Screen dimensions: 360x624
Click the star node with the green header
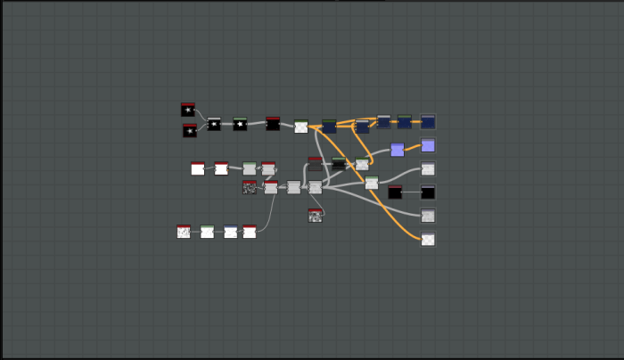coord(240,124)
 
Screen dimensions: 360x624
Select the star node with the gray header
coord(214,124)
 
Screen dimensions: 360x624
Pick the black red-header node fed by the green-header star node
coord(273,124)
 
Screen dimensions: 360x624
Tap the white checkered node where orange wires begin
coord(301,127)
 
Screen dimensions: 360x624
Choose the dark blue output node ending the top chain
coord(428,121)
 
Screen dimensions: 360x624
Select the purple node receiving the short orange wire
coord(428,145)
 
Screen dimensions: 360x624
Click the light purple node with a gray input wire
coord(397,150)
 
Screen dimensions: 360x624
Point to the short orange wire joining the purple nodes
coord(413,147)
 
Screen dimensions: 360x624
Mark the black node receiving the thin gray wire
coord(428,192)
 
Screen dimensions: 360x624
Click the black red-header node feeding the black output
coord(395,192)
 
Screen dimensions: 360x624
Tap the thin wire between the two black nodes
coord(412,192)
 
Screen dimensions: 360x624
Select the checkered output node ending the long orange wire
coord(428,239)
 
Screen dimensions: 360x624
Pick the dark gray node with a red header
coord(315,164)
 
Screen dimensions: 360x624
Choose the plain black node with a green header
coord(339,163)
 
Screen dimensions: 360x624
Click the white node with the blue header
coord(231,232)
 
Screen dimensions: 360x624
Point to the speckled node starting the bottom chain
coord(184,232)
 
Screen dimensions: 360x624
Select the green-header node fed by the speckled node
coord(207,232)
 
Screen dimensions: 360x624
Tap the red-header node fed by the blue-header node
coord(250,232)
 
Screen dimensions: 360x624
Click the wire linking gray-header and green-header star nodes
coord(227,124)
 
